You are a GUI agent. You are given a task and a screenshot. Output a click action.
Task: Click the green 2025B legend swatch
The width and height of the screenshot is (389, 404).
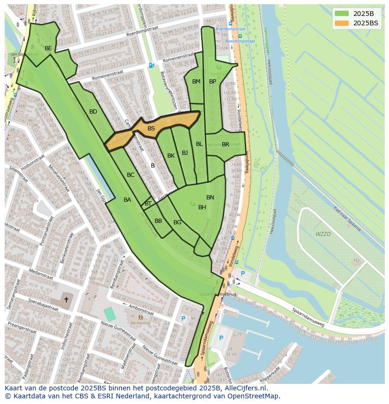tap(342, 14)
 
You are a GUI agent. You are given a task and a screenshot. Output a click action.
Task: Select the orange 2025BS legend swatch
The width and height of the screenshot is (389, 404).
tap(342, 23)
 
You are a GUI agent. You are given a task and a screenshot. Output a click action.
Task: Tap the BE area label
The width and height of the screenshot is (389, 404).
tap(48, 48)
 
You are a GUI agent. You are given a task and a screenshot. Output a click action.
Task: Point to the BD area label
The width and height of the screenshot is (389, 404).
tap(93, 112)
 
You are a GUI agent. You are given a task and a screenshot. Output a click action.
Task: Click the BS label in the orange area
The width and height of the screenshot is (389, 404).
tap(151, 129)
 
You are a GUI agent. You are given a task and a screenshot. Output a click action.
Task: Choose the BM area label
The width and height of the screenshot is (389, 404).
tap(196, 82)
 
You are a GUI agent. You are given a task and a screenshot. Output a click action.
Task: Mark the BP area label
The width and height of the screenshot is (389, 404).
tap(212, 82)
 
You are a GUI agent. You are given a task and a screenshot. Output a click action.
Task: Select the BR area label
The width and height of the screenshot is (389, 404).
tap(226, 145)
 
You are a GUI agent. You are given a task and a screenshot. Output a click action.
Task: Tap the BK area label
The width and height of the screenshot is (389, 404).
tap(171, 156)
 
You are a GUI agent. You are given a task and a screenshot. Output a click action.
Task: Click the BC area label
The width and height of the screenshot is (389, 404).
tap(131, 175)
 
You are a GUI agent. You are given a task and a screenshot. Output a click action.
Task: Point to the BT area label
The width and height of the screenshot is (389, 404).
tap(148, 204)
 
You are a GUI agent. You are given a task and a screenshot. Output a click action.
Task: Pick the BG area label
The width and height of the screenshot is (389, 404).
tap(177, 222)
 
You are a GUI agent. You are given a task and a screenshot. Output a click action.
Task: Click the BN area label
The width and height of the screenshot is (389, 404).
tap(210, 198)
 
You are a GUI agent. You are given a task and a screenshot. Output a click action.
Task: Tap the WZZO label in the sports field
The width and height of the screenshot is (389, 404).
tap(323, 234)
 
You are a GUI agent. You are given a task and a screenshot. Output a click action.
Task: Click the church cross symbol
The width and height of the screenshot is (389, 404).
tap(66, 299)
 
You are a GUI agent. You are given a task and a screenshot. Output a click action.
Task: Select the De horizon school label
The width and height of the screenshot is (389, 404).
tap(140, 323)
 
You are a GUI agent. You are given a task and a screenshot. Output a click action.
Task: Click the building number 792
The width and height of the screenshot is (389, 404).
tap(356, 261)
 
